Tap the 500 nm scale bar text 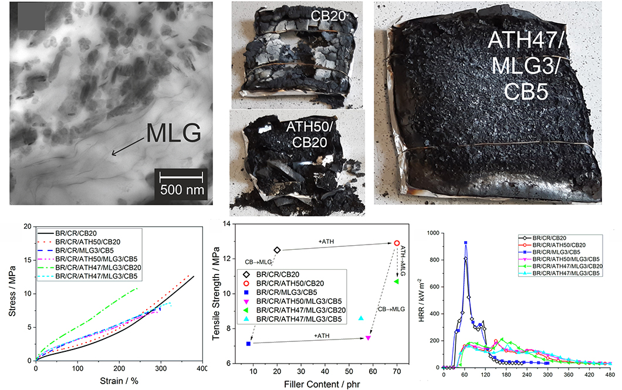[181, 189]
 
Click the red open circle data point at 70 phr [397, 243]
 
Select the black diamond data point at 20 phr [278, 250]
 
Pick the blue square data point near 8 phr [249, 344]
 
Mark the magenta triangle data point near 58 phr [368, 338]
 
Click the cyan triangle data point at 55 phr [361, 318]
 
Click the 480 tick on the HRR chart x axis [610, 374]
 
